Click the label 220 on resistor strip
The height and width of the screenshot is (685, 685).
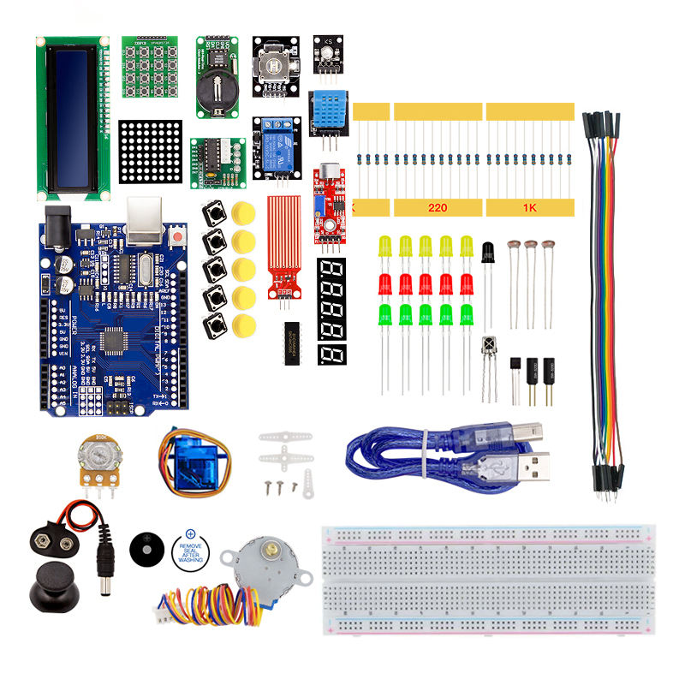click(x=438, y=208)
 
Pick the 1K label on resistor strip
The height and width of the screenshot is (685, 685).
click(x=529, y=208)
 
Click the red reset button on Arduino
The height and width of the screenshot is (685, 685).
click(x=178, y=234)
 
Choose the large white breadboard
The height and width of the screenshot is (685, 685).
click(x=488, y=582)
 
